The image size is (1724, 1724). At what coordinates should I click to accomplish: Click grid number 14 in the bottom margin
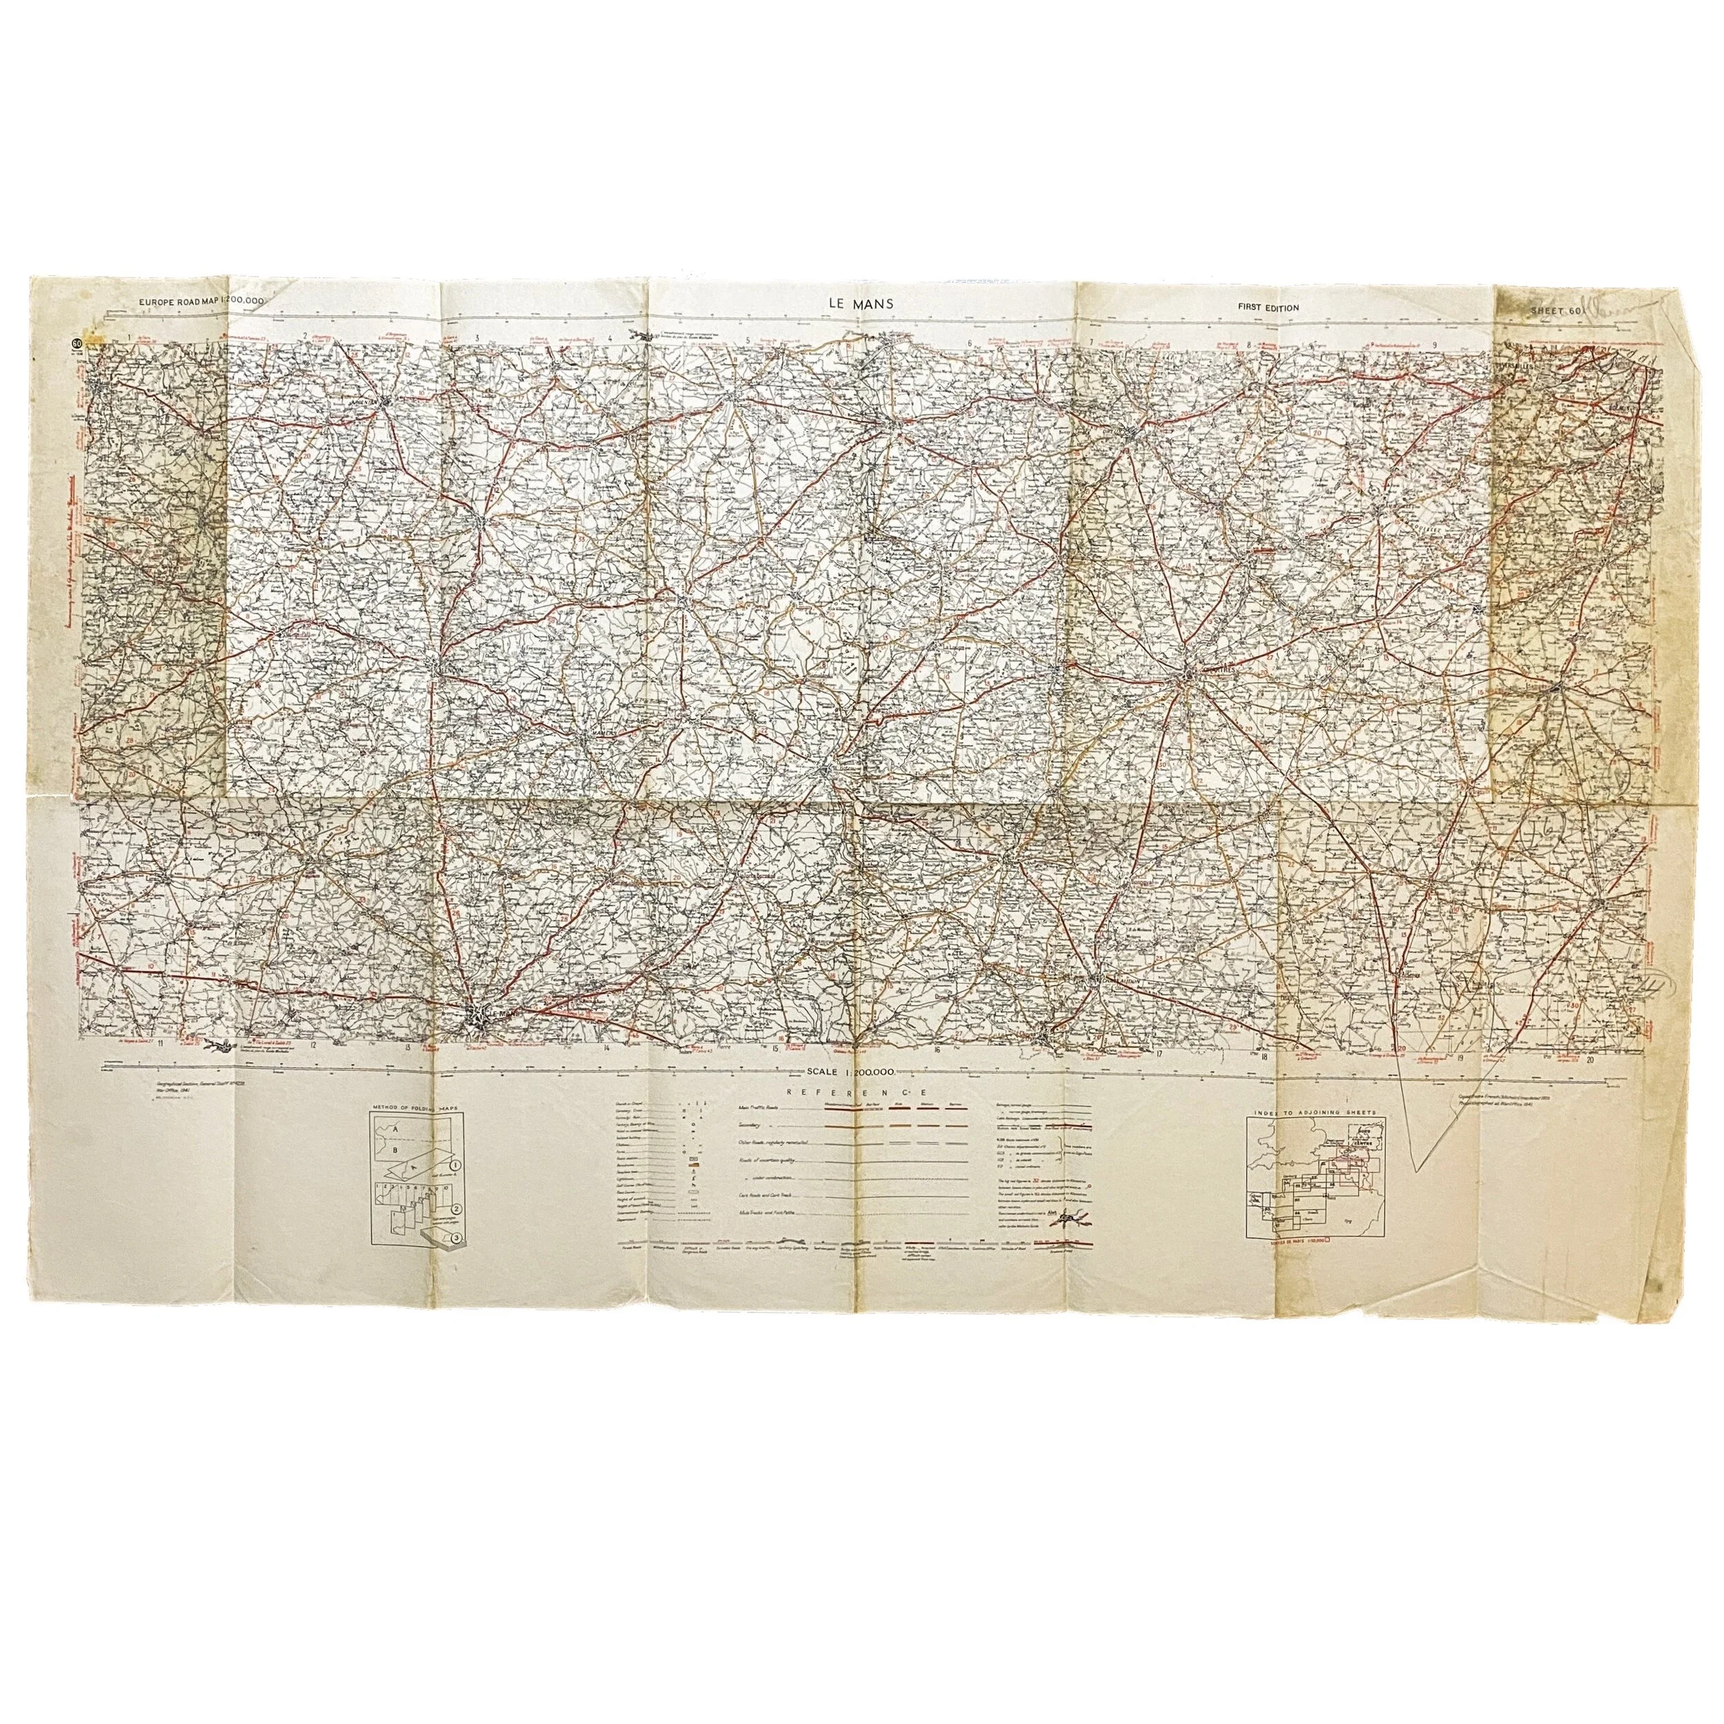606,1047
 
